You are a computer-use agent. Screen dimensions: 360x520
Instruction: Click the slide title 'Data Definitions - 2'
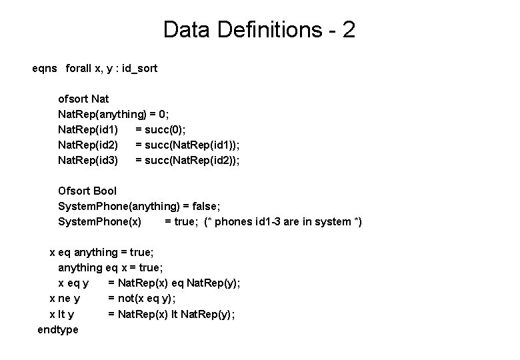[x=259, y=30]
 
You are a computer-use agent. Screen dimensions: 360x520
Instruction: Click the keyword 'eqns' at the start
[x=45, y=68]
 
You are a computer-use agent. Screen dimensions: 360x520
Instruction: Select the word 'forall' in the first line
[x=80, y=68]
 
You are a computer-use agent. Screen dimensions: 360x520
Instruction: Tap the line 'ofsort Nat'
[x=83, y=99]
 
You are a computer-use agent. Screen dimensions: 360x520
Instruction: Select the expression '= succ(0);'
[x=160, y=129]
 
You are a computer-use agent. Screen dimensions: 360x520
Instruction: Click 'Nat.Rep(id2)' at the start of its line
[x=89, y=145]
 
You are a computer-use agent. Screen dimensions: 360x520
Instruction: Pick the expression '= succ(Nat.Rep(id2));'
[x=187, y=160]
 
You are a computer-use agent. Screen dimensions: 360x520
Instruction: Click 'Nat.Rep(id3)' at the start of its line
[x=89, y=160]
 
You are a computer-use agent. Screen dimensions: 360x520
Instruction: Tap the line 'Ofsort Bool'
[x=87, y=191]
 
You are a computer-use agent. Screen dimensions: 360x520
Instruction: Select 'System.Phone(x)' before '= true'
[x=99, y=222]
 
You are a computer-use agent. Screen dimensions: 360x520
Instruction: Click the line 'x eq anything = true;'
[x=102, y=253]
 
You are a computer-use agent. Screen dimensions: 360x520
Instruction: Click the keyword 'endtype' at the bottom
[x=57, y=329]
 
